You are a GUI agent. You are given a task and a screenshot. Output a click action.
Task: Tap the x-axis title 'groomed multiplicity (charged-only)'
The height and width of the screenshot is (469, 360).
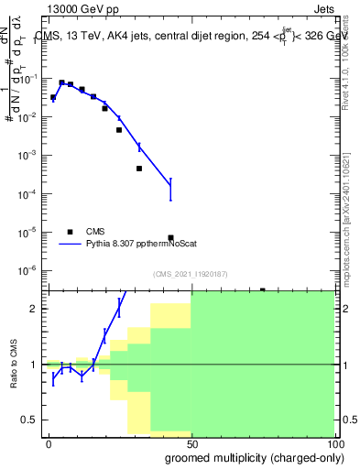[249, 456]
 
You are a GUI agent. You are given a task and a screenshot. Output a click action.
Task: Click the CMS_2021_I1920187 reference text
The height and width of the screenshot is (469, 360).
[190, 274]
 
